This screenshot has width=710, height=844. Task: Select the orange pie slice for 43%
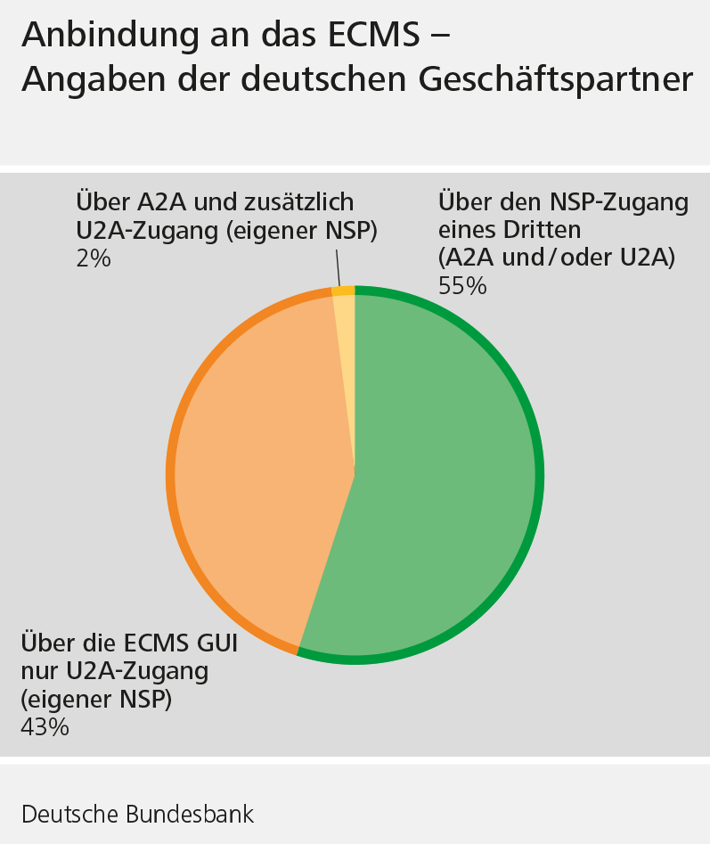point(258,472)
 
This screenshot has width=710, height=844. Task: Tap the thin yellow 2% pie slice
point(346,356)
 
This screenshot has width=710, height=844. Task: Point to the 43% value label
point(45,726)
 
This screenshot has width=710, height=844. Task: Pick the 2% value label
point(94,259)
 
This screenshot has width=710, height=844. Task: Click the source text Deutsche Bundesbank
point(137,814)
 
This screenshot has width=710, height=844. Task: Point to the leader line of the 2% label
point(338,266)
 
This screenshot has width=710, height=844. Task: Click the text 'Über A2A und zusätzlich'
point(215,201)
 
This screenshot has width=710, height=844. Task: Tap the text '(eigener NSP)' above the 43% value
point(95,698)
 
